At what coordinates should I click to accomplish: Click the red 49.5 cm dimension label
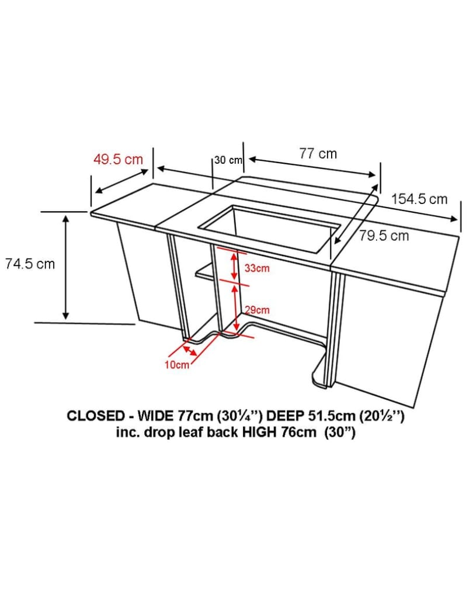pos(118,159)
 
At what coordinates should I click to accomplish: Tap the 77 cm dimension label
pos(318,154)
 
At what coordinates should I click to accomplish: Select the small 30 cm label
pos(228,160)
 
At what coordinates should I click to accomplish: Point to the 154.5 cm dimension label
pos(419,199)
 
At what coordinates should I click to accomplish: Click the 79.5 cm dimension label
pos(384,236)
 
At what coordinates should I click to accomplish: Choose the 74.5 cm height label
pos(30,264)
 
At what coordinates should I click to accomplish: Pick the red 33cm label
pos(257,268)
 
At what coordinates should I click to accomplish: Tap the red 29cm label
pos(257,310)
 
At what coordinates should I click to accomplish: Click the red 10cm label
pos(177,365)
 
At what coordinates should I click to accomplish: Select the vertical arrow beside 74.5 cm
pos(66,267)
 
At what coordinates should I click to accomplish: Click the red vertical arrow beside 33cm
pos(234,265)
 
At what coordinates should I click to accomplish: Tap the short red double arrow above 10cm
pos(189,351)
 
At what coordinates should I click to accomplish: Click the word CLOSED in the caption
pos(95,416)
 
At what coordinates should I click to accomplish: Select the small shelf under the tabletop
pos(204,271)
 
